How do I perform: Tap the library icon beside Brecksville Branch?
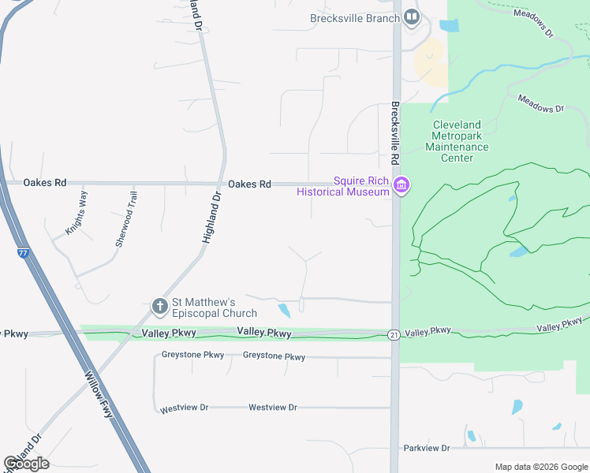click(411, 17)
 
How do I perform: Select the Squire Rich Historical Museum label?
click(343, 186)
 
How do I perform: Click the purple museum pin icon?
click(401, 185)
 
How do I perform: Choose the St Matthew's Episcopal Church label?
click(215, 307)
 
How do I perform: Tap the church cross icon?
click(159, 305)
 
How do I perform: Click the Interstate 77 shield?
click(24, 253)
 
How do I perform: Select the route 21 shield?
click(394, 335)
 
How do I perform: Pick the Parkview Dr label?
click(426, 448)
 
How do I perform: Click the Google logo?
click(26, 464)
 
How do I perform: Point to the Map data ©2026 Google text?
click(540, 467)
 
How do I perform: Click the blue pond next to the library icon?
click(448, 25)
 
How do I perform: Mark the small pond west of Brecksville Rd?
click(283, 311)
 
